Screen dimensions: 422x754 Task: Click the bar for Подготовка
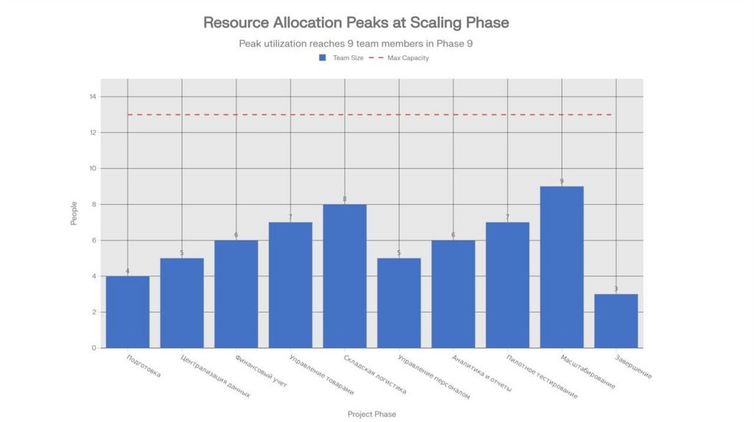coord(127,312)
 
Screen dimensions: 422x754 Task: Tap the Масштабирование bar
coord(562,267)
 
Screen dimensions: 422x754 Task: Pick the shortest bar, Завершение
coord(616,321)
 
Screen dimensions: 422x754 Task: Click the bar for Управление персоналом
coord(399,303)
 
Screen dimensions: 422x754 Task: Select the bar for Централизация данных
coord(182,303)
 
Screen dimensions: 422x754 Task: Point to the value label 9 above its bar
coord(562,181)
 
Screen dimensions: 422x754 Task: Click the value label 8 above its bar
coord(345,199)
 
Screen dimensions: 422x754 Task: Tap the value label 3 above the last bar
coord(616,289)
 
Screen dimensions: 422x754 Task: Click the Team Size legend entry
coord(341,57)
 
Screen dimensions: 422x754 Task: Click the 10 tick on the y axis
coord(92,168)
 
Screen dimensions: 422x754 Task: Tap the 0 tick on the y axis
coord(94,348)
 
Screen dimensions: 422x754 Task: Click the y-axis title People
coord(74,213)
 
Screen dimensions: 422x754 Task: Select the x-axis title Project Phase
coord(372,415)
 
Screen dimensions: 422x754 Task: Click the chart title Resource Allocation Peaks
coord(356,23)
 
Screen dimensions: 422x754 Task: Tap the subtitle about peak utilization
coord(356,43)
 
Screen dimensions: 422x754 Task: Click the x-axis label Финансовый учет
coord(262,371)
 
